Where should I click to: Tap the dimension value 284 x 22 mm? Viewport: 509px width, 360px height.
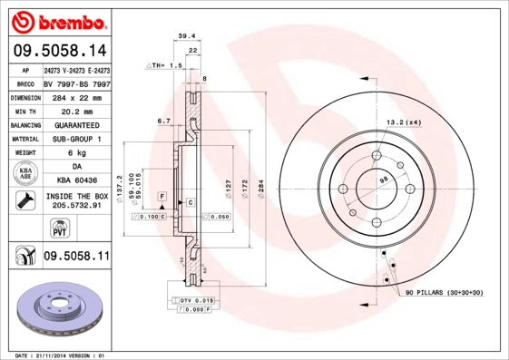coord(76,96)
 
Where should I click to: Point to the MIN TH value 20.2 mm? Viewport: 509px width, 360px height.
coord(76,111)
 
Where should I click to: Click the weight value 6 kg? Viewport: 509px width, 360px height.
coord(76,153)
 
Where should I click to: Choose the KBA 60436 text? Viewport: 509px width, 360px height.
coord(76,181)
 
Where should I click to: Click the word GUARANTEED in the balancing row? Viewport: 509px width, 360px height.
coord(76,125)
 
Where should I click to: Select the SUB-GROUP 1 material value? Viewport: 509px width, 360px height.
coord(76,139)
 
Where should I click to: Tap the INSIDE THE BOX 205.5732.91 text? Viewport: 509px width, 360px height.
coord(76,200)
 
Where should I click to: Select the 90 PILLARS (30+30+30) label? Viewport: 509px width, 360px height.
coord(445,293)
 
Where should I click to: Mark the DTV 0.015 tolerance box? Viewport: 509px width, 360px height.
coord(195,299)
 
